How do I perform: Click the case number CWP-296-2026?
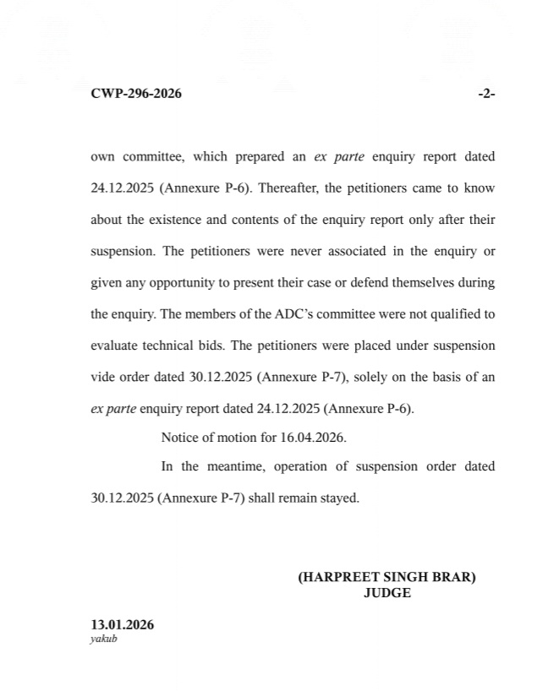[x=136, y=94]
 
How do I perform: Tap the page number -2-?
[x=486, y=94]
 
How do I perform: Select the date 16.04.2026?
[x=316, y=438]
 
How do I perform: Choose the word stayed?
[x=339, y=498]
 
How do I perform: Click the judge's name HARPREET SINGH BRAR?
[x=386, y=578]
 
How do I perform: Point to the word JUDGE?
[x=386, y=593]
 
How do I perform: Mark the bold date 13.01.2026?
[x=123, y=625]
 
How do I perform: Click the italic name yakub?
[x=103, y=639]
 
